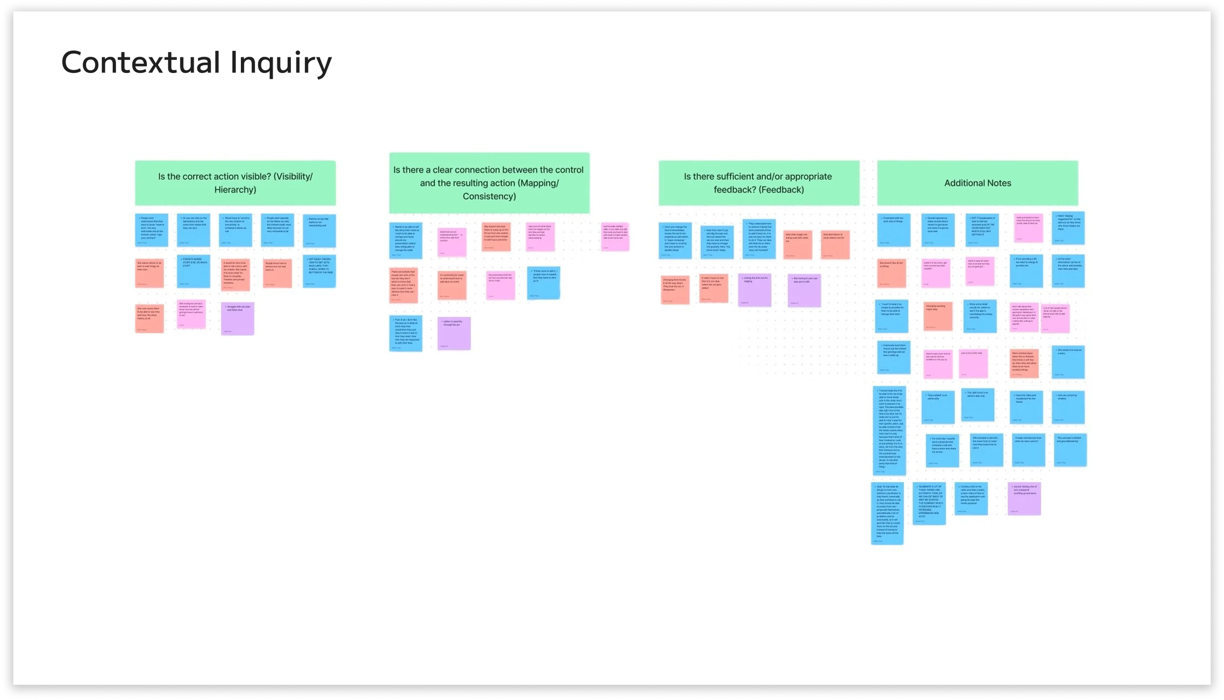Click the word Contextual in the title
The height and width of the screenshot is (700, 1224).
pyautogui.click(x=141, y=63)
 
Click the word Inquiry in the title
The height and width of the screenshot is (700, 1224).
pyautogui.click(x=281, y=64)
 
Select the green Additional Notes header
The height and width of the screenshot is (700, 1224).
pyautogui.click(x=977, y=183)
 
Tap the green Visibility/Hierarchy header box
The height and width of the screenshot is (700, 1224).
pyautogui.click(x=235, y=183)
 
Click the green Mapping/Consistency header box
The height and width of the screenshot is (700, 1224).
pyautogui.click(x=489, y=183)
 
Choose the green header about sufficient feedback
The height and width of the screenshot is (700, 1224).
pyautogui.click(x=758, y=183)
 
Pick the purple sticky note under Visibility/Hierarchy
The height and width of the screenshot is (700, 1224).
pyautogui.click(x=237, y=319)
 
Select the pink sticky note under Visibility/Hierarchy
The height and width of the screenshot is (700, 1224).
pyautogui.click(x=191, y=314)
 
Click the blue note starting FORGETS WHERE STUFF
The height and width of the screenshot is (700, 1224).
pyautogui.click(x=193, y=271)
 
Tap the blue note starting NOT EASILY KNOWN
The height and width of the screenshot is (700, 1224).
pyautogui.click(x=319, y=271)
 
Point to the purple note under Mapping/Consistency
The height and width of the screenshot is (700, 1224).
pyautogui.click(x=454, y=333)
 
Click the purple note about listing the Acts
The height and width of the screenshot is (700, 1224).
pyautogui.click(x=754, y=290)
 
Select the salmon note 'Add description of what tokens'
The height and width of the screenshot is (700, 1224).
pyautogui.click(x=835, y=245)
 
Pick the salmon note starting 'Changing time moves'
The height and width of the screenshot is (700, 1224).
pyautogui.click(x=675, y=290)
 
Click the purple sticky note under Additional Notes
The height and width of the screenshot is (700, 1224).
pyautogui.click(x=1024, y=498)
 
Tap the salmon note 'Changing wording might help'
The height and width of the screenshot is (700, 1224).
pyautogui.click(x=938, y=316)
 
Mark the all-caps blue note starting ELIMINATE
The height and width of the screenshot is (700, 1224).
pyautogui.click(x=929, y=503)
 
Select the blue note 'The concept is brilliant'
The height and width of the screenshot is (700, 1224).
pyautogui.click(x=1070, y=450)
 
